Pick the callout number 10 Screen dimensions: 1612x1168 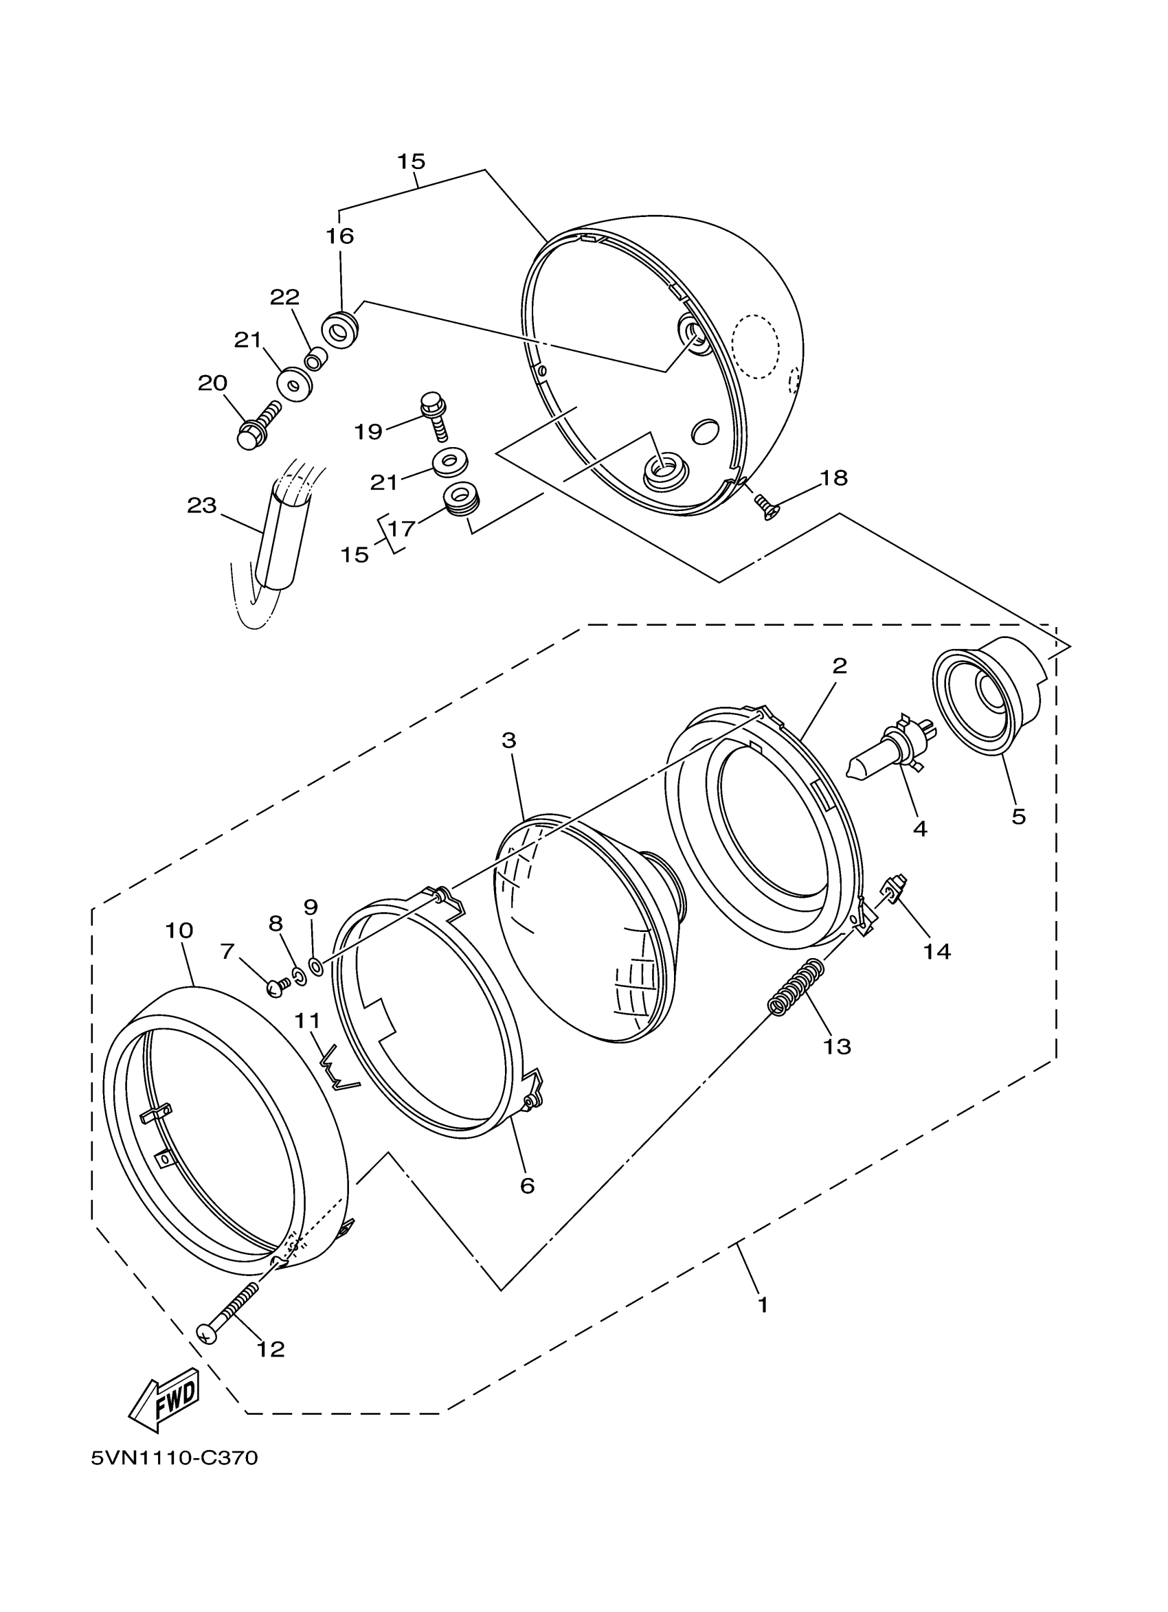pyautogui.click(x=179, y=931)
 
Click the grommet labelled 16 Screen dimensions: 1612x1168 pyautogui.click(x=340, y=330)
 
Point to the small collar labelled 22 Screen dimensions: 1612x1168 pyautogui.click(x=314, y=360)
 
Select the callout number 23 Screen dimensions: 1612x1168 pyautogui.click(x=201, y=506)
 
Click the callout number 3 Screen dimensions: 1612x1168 pyautogui.click(x=508, y=740)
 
